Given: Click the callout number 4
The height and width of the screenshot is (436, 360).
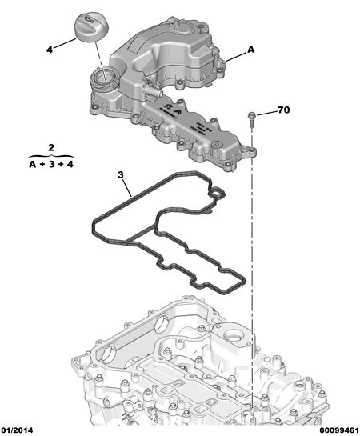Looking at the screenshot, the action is pos(50,50).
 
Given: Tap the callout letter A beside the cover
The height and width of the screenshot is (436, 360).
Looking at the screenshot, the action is pos(250,50).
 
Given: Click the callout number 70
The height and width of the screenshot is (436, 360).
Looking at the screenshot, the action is pos(283,110).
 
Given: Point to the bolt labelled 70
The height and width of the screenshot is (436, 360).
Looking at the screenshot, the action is pos(252,119).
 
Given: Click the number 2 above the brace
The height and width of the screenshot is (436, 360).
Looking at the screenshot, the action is pos(51,147).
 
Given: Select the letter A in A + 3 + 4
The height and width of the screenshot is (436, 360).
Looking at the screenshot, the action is pos(33,164).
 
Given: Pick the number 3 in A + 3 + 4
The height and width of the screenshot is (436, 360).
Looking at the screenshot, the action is pos(51,164).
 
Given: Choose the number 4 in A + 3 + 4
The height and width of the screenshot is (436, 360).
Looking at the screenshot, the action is pos(70,164).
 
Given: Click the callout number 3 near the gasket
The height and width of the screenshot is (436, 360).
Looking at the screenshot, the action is pos(120,175).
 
